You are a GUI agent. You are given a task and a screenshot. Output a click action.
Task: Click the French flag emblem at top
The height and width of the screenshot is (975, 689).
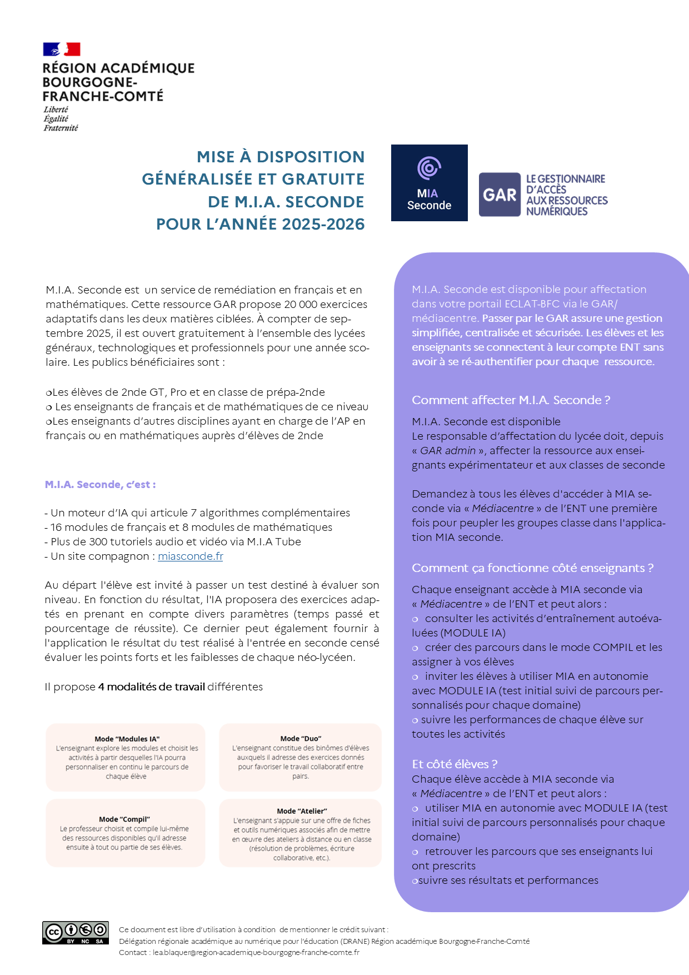[62, 49]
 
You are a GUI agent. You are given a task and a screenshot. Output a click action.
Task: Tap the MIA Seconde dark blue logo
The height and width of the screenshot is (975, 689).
[429, 183]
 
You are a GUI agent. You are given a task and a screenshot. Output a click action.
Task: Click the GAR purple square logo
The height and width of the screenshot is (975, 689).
[500, 195]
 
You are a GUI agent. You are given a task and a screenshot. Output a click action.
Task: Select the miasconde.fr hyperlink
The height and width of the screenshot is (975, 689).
[190, 556]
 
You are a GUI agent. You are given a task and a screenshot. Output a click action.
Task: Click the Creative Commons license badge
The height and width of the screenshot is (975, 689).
[76, 932]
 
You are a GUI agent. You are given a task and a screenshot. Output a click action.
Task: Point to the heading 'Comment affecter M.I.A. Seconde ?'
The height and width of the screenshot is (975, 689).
[511, 400]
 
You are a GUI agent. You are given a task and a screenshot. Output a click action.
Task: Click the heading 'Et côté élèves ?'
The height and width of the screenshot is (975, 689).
[454, 764]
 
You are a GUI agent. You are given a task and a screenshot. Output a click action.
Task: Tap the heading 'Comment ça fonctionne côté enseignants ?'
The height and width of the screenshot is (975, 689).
[532, 568]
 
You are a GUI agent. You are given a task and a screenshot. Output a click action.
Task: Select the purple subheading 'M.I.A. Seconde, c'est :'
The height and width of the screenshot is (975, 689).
[100, 485]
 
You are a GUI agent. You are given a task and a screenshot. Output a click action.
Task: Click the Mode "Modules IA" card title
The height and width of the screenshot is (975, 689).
[127, 739]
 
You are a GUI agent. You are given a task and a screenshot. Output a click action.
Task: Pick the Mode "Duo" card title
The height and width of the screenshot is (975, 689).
[301, 739]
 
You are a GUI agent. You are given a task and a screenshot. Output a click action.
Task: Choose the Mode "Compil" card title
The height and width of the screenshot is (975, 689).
[124, 819]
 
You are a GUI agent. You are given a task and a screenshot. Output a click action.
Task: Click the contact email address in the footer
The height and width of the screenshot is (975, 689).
[256, 952]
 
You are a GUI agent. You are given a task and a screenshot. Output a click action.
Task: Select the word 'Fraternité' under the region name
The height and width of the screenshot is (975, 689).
[61, 128]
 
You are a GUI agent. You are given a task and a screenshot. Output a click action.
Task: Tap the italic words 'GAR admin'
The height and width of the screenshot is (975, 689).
[448, 451]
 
